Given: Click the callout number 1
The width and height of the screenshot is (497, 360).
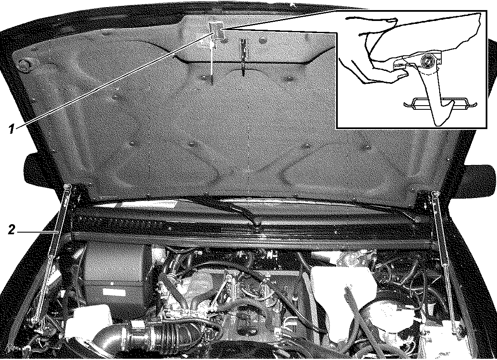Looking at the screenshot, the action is pyautogui.click(x=11, y=129).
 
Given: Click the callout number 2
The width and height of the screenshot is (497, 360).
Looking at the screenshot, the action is pyautogui.click(x=11, y=230).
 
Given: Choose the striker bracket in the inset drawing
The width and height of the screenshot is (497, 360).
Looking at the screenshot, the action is pyautogui.click(x=440, y=104).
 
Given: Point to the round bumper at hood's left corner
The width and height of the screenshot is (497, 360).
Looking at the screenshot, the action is pyautogui.click(x=24, y=65).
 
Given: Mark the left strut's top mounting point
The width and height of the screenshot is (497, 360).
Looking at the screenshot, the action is pyautogui.click(x=67, y=187).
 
